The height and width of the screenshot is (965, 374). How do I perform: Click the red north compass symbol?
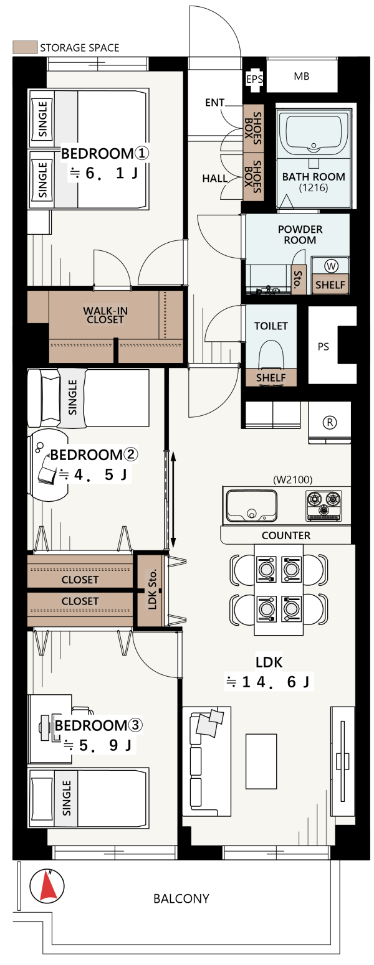point(47,886)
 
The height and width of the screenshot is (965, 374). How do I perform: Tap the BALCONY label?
point(181,898)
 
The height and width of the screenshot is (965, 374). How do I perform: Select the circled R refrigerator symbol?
point(330,423)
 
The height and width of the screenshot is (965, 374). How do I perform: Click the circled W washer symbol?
point(331,266)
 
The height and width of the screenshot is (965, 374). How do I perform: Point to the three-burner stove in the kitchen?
point(324,504)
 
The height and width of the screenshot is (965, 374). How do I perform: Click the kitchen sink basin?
point(251,505)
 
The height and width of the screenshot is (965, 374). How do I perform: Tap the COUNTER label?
point(286,535)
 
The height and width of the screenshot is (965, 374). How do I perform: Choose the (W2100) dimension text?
point(293,479)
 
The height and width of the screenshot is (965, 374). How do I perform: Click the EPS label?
point(254,79)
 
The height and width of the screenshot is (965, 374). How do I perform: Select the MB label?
point(302,76)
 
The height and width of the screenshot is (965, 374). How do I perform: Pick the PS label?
point(323,346)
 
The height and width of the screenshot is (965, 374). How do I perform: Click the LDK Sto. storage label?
point(152,590)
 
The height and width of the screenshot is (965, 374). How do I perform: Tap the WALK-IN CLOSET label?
point(105,315)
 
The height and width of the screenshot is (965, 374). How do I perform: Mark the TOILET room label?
point(271,326)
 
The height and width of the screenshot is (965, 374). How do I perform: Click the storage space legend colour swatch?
point(24,47)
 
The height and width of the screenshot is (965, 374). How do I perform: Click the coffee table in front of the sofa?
point(261,761)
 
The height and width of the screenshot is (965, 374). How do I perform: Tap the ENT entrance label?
point(215,103)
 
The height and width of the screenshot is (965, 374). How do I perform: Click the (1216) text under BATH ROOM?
point(314,188)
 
